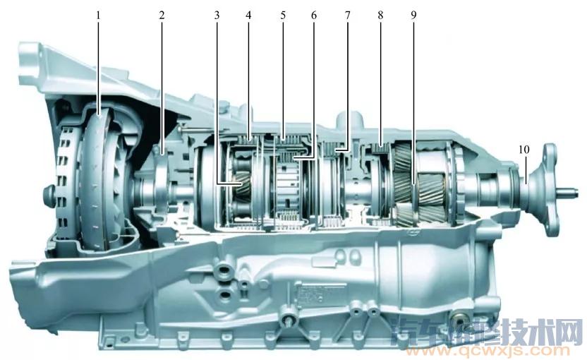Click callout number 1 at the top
tap(99, 16)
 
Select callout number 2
tap(162, 16)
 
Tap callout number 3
tap(217, 16)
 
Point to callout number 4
tap(248, 16)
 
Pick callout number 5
tap(283, 16)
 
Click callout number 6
tap(314, 16)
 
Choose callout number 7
tap(347, 16)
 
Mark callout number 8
tap(381, 16)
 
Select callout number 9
tap(413, 16)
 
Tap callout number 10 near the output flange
tap(524, 150)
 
